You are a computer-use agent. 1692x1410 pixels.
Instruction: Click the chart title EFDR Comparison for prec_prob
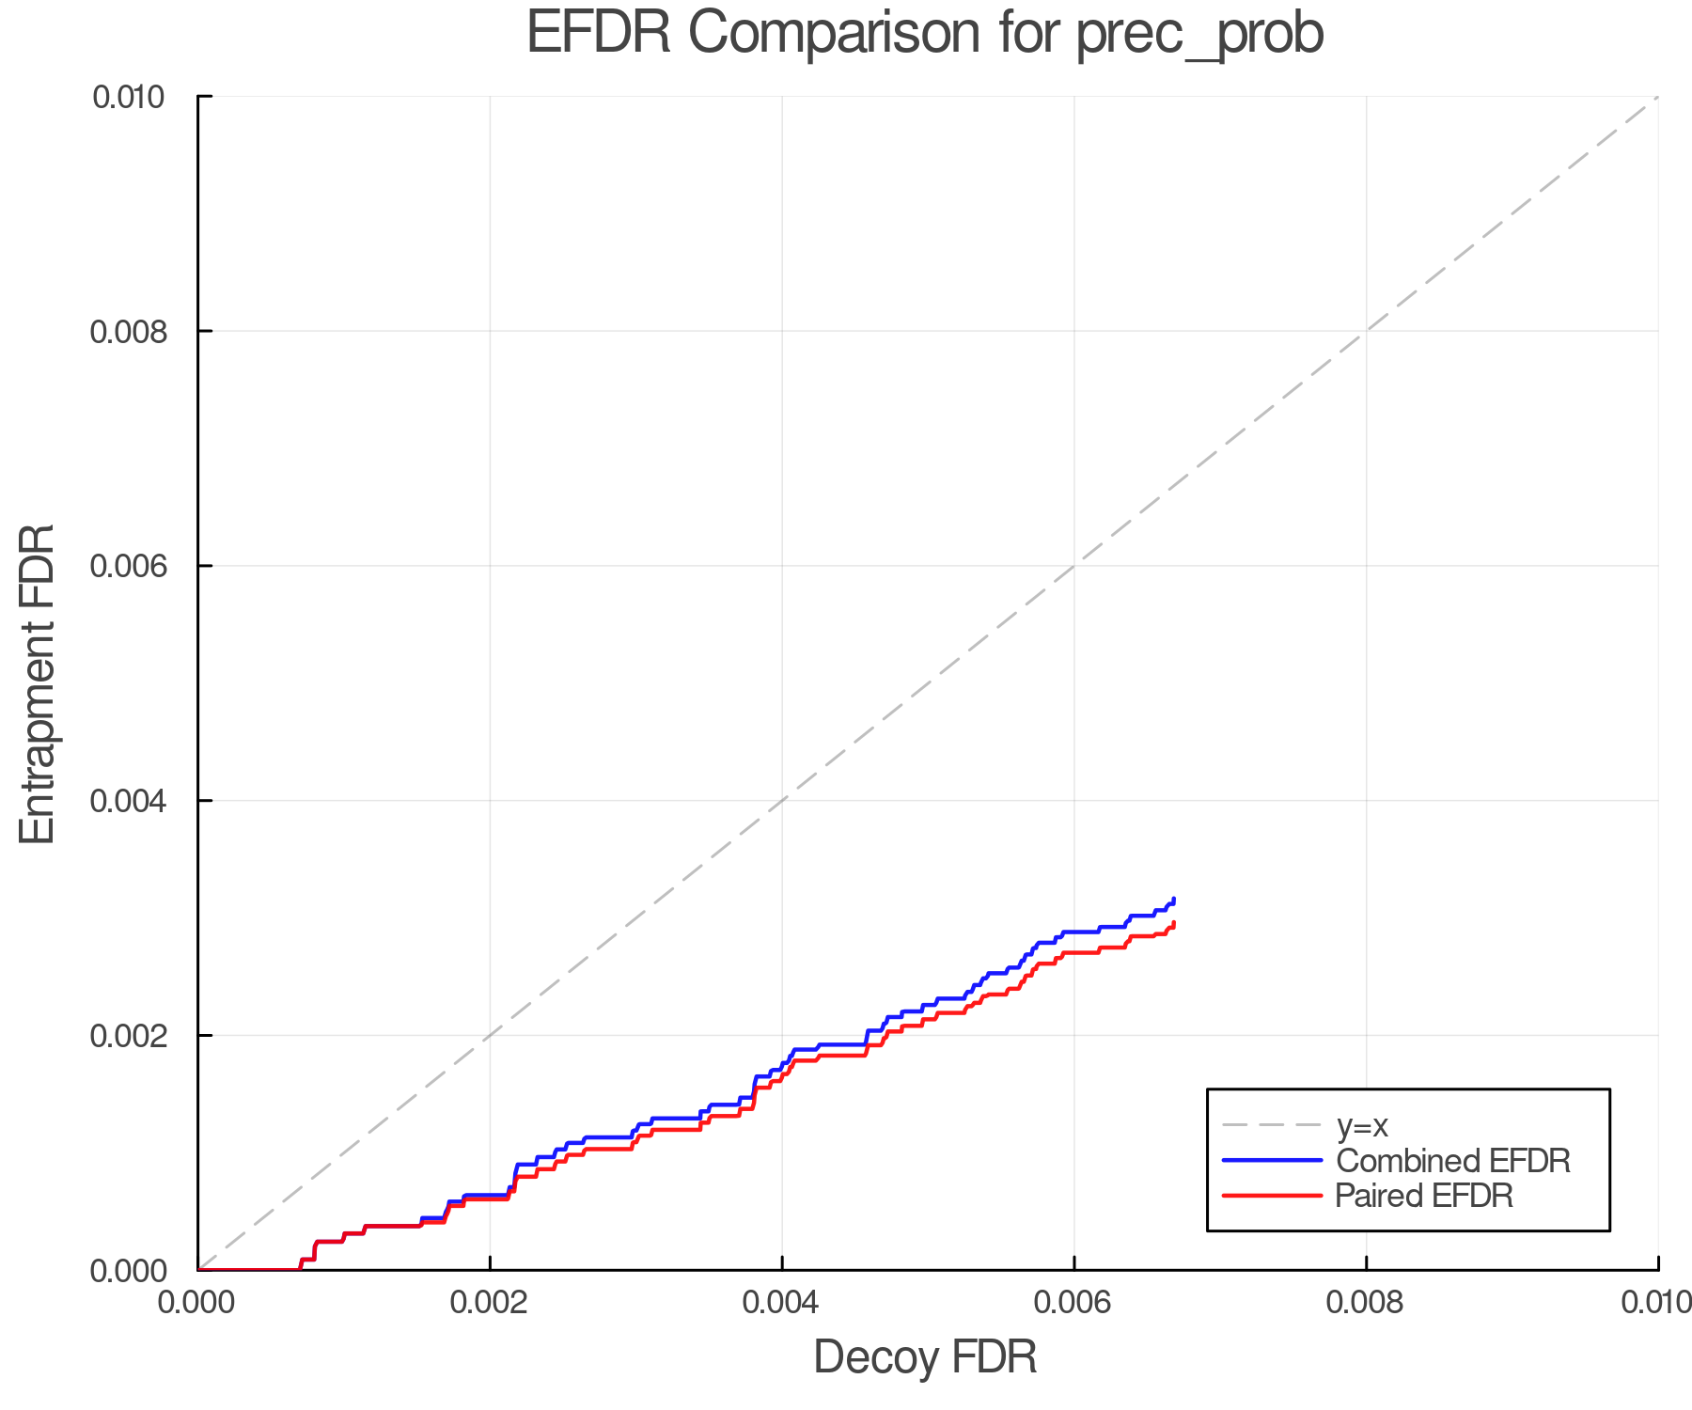pos(925,34)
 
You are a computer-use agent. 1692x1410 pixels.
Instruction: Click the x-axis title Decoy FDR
pos(925,1357)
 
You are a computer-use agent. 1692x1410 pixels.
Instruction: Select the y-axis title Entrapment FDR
pos(38,683)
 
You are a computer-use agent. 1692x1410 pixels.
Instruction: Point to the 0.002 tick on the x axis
pos(490,1302)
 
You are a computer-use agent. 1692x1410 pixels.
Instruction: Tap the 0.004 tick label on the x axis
pos(782,1302)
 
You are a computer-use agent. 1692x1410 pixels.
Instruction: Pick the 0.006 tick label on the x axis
pos(1073,1302)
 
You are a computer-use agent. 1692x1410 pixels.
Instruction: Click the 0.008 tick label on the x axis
pos(1366,1302)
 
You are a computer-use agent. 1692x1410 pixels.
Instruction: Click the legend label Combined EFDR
pos(1452,1161)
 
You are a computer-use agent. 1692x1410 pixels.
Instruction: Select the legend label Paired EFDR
pos(1424,1196)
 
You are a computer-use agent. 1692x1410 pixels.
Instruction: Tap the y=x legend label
pos(1362,1125)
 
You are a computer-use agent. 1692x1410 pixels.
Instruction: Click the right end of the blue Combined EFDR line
pos(1174,900)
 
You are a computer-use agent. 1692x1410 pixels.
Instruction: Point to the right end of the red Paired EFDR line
pos(1174,924)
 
